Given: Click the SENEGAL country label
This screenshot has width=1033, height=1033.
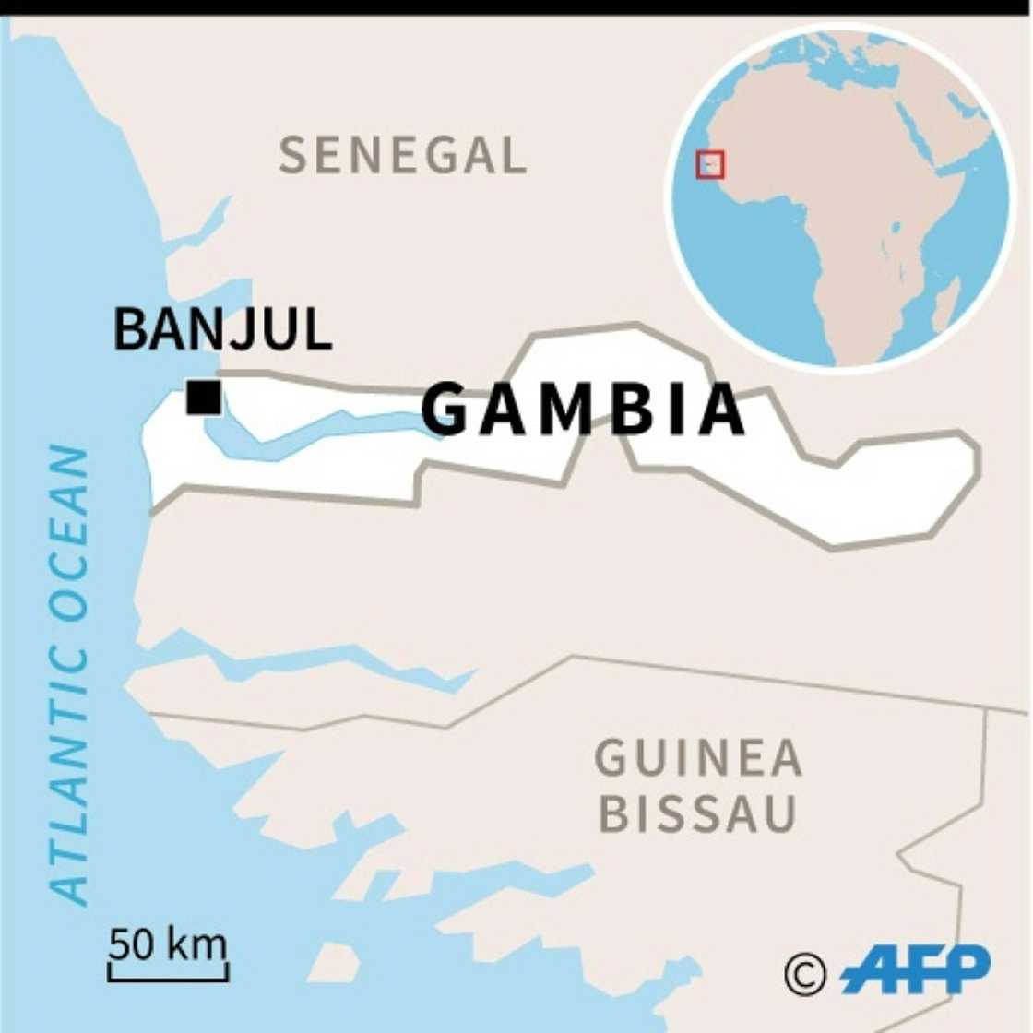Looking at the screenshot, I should pyautogui.click(x=402, y=155).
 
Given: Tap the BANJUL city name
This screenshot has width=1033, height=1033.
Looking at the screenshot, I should pyautogui.click(x=222, y=329).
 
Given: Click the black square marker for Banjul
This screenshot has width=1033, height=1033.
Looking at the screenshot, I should pyautogui.click(x=203, y=398).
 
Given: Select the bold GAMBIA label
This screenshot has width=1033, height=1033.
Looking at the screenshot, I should pyautogui.click(x=583, y=410).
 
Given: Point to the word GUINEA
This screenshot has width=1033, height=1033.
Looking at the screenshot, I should pyautogui.click(x=698, y=759).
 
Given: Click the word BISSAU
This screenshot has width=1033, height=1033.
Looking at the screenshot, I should pyautogui.click(x=697, y=814).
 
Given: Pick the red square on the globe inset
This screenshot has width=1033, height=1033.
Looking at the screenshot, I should pyautogui.click(x=710, y=165).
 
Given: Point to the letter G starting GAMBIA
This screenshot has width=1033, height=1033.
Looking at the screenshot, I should pyautogui.click(x=447, y=410).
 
